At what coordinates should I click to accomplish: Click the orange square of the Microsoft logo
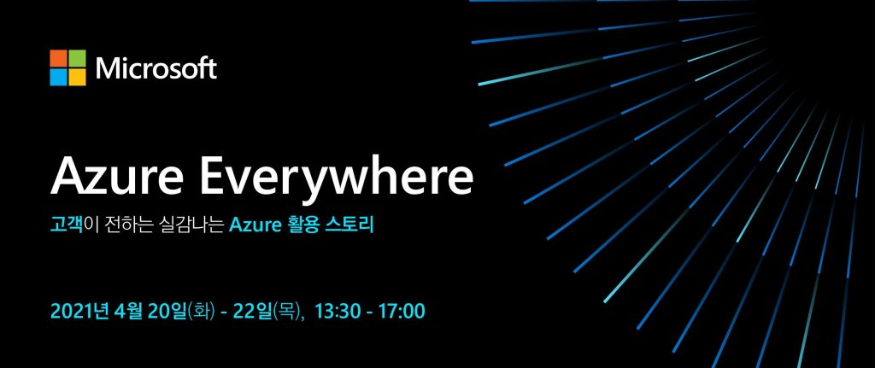[58, 58]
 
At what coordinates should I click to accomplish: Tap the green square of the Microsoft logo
[77, 58]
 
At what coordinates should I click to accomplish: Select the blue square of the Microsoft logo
[58, 77]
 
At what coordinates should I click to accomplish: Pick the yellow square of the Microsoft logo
[77, 77]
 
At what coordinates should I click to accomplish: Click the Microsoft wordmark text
[156, 68]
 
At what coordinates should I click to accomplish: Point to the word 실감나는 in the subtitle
[192, 226]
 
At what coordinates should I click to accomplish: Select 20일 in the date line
[168, 311]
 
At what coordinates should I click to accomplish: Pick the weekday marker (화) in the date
[202, 311]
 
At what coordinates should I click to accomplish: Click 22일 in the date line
[252, 311]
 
